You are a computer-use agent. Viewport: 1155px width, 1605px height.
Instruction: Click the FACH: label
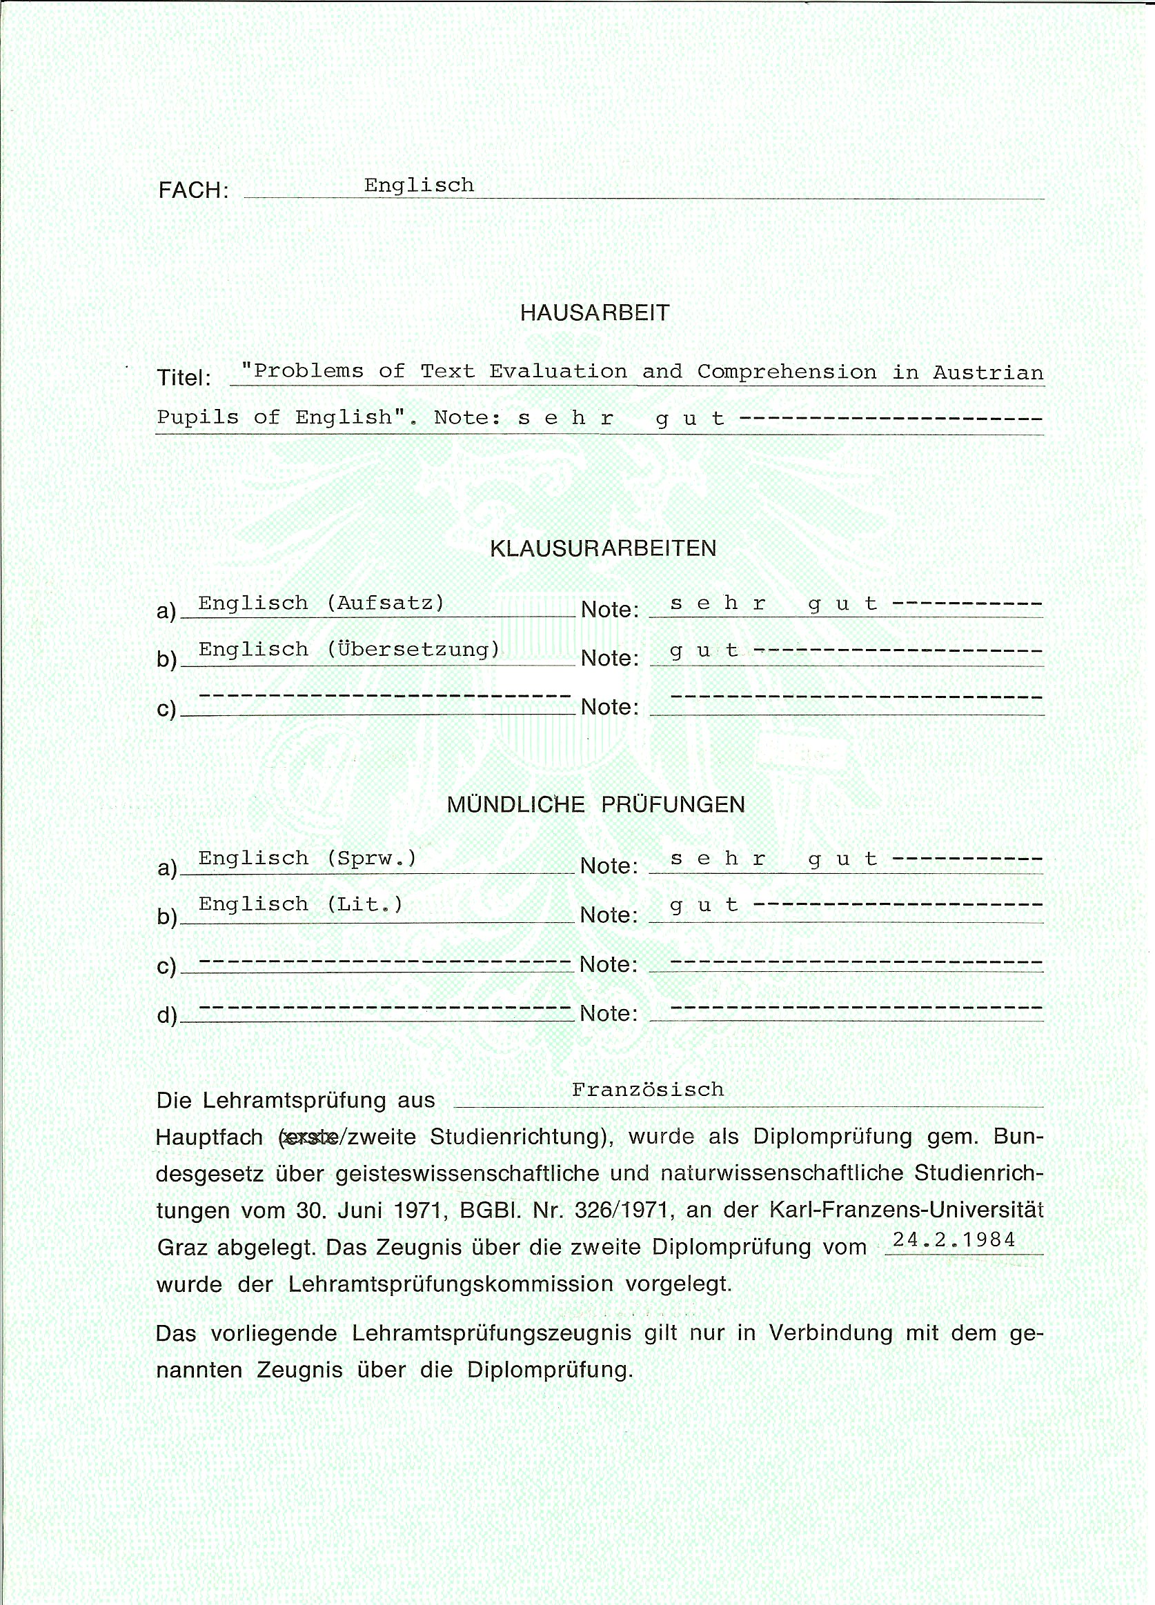coord(193,190)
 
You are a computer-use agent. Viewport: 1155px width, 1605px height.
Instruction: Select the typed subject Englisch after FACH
coord(419,186)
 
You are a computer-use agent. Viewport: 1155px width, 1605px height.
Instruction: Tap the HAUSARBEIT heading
coord(595,312)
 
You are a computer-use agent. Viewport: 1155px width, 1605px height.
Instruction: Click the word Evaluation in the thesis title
coord(557,372)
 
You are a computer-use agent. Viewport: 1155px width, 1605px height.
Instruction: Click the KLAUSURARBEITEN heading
coord(603,548)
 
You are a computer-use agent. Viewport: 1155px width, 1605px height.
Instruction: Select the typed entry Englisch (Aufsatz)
coord(322,603)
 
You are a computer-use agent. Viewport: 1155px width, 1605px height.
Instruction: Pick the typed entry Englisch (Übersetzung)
coord(349,649)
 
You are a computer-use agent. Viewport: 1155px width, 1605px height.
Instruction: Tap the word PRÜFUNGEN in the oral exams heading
coord(672,805)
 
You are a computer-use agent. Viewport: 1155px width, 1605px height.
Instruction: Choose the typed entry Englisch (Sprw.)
coord(307,859)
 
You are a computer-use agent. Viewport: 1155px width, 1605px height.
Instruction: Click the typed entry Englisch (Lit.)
coord(300,904)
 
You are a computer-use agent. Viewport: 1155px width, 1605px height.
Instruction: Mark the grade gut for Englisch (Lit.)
coord(704,905)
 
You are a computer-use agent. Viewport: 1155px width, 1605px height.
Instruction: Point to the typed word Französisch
coord(648,1090)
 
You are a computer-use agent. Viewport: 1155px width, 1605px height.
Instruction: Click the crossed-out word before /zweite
coord(309,1137)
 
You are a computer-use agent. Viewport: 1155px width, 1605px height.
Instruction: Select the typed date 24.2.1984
coord(954,1240)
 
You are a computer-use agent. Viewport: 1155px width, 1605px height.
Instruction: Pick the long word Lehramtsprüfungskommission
coord(451,1284)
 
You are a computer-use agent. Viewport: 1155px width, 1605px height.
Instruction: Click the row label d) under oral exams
coord(166,1015)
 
